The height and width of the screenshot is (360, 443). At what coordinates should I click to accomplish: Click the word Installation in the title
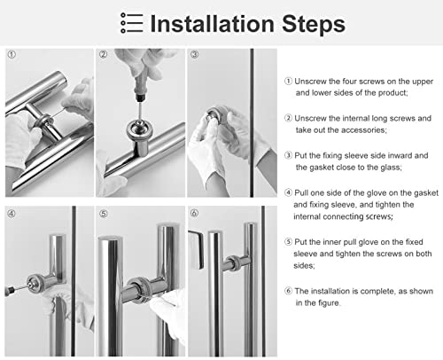coord(213,24)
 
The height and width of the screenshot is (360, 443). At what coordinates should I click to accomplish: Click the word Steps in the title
coord(314,25)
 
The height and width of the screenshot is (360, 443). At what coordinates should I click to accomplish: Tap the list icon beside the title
coord(131,23)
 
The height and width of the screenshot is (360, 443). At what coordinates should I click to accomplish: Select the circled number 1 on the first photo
coord(12,54)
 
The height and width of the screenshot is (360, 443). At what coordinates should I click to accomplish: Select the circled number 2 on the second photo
coord(103,54)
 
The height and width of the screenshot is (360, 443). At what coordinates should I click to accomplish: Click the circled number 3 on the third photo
coord(195,54)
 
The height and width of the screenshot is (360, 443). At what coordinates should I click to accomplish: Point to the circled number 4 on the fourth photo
coord(12,214)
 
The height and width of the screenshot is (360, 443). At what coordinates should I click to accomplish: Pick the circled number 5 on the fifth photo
coord(104,214)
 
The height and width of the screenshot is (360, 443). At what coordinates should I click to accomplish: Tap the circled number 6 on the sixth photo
coord(194,213)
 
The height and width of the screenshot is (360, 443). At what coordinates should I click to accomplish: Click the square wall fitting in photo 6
coord(196,250)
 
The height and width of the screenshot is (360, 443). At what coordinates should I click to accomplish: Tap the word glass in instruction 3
coord(391,168)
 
